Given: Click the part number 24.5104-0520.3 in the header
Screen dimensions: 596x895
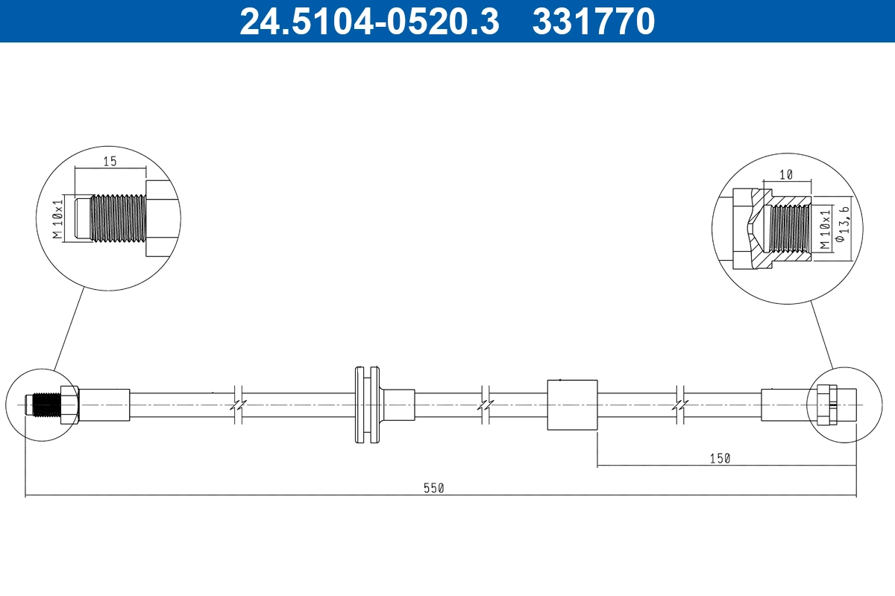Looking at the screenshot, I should pyautogui.click(x=368, y=21).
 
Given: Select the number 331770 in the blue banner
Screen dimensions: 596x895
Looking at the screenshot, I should pyautogui.click(x=594, y=21).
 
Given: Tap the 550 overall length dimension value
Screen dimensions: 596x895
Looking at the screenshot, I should pyautogui.click(x=433, y=489).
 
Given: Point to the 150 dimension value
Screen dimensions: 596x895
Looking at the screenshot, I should pyautogui.click(x=719, y=459).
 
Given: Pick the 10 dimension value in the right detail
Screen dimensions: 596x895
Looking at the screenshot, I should pyautogui.click(x=785, y=174).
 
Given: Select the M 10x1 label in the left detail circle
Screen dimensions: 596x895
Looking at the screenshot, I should pyautogui.click(x=57, y=218).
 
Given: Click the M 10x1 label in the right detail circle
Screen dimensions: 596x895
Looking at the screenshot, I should pyautogui.click(x=824, y=229).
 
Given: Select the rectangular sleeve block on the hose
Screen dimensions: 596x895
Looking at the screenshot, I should pyautogui.click(x=572, y=404).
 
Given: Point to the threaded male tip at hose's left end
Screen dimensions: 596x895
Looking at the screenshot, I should pyautogui.click(x=42, y=404).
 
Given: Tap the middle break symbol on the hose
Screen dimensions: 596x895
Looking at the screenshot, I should pyautogui.click(x=486, y=405).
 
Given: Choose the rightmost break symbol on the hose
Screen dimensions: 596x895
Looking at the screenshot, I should pyautogui.click(x=680, y=405).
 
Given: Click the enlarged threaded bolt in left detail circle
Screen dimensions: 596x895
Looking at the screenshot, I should pyautogui.click(x=118, y=218).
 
